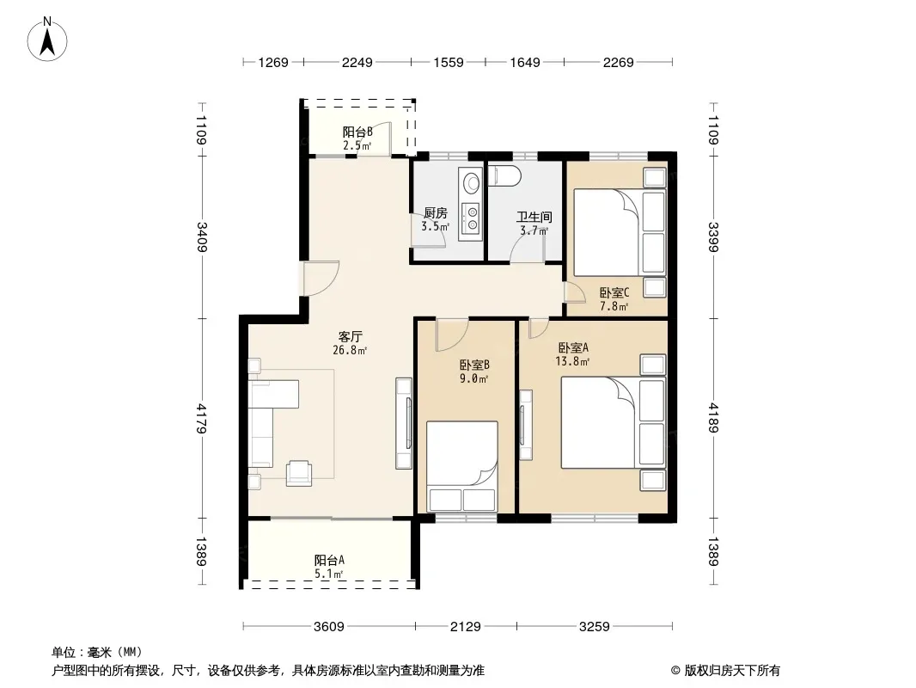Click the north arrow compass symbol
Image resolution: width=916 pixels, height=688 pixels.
coord(47,40)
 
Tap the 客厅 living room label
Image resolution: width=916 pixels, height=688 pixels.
coord(350,337)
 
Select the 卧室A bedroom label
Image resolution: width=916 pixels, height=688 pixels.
coord(573,347)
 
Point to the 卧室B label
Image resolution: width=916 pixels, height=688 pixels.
coord(474,365)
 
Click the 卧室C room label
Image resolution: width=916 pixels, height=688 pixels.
coord(614,292)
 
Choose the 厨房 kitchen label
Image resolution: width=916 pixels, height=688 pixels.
coord(435,213)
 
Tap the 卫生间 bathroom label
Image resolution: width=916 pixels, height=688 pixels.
coord(534,218)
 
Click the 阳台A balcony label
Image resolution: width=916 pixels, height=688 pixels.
coord(329,561)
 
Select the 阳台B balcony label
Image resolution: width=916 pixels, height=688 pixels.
coord(357,132)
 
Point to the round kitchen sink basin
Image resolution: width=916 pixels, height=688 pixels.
coord(471,183)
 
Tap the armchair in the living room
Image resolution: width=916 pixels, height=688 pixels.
coord(299,473)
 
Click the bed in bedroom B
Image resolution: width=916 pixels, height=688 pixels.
coord(462,466)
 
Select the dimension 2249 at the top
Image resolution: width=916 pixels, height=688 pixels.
coord(357,62)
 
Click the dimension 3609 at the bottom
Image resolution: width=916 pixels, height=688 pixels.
coord(329,627)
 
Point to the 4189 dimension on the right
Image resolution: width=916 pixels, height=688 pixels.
coord(712,418)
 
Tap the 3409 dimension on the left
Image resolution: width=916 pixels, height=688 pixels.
coord(202,236)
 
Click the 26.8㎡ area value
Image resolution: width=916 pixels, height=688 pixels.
coord(350,351)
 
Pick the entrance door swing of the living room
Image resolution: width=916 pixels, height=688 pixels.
coord(321,279)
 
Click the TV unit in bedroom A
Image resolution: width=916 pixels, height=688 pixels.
coord(526,424)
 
